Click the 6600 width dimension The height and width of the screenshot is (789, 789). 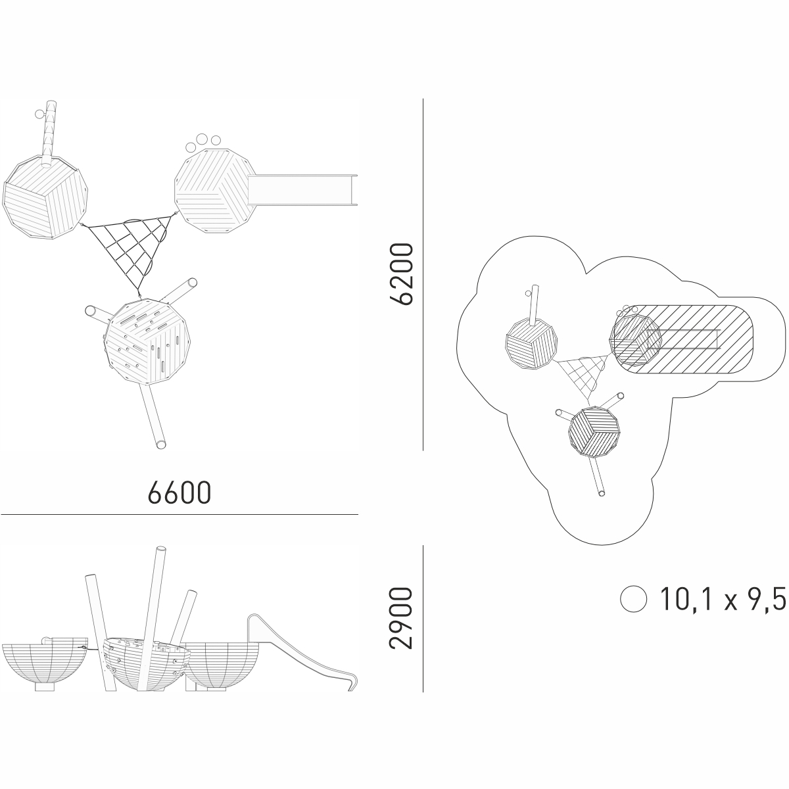point(179,492)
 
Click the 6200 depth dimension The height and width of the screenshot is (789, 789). point(401,274)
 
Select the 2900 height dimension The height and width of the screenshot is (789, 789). point(401,619)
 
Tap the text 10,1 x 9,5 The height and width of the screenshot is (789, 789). point(723,599)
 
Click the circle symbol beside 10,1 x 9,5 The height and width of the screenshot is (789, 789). point(633,599)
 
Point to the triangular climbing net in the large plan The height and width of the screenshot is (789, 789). point(130,251)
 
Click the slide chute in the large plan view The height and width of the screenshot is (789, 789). point(302,190)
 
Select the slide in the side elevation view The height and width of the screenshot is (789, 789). point(303,652)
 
